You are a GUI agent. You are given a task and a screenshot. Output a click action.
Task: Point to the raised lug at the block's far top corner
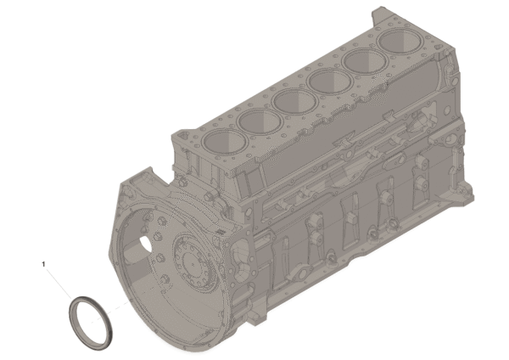(x=380, y=14)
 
